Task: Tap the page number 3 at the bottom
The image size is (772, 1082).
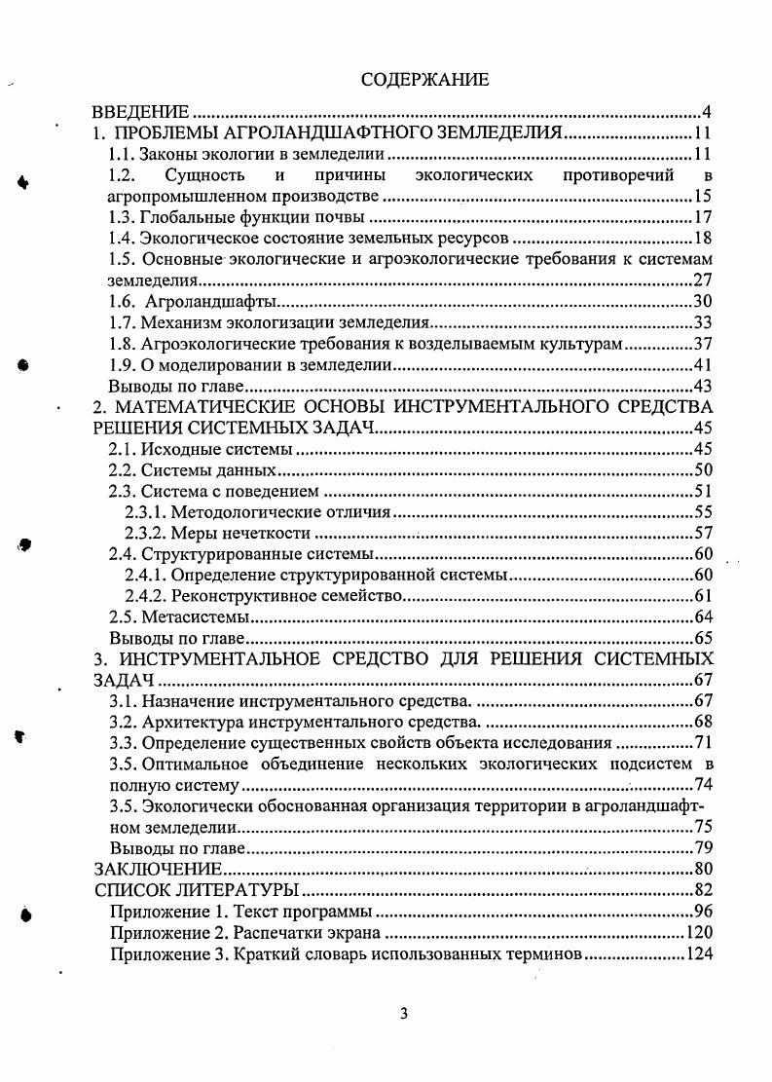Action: [x=404, y=1013]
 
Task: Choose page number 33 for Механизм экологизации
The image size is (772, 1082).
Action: [x=703, y=323]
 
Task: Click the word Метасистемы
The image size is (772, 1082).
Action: [x=196, y=617]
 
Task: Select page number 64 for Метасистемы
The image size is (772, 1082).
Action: [x=703, y=617]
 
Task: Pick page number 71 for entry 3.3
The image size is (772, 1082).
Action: [x=703, y=743]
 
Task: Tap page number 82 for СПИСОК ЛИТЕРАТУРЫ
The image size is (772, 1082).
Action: [x=703, y=891]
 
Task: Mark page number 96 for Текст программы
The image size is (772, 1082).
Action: [x=703, y=913]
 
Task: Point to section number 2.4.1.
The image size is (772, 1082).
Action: [x=144, y=576]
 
